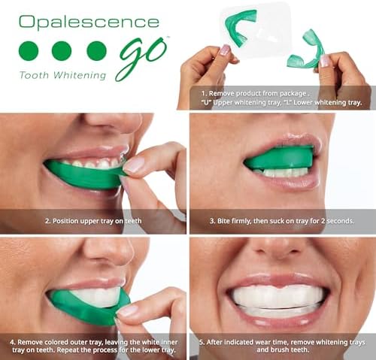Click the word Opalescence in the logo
pos(89,23)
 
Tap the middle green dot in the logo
pos(62,51)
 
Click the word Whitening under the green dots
pos(80,75)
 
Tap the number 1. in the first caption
pos(204,94)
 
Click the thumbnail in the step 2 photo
pos(134,165)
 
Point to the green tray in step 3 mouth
pos(280,159)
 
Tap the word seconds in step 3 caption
pos(341,221)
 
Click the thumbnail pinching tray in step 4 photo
pos(127,310)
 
